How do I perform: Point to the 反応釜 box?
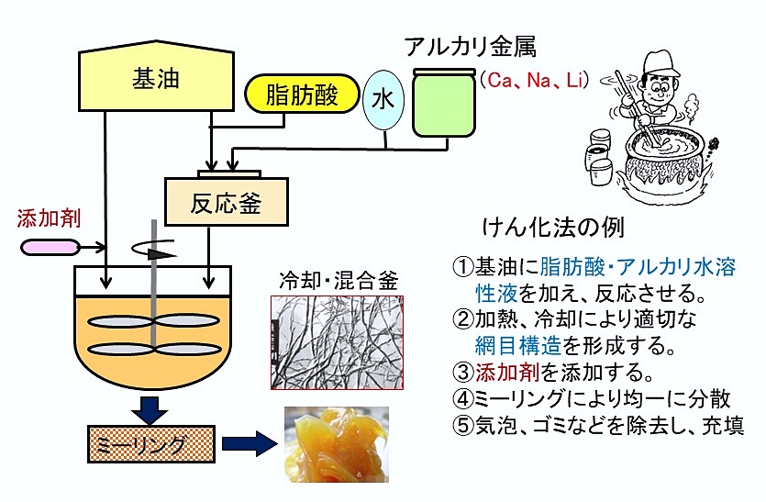(x=226, y=201)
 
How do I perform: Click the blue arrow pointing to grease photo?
(x=247, y=446)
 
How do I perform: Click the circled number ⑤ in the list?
(x=461, y=425)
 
